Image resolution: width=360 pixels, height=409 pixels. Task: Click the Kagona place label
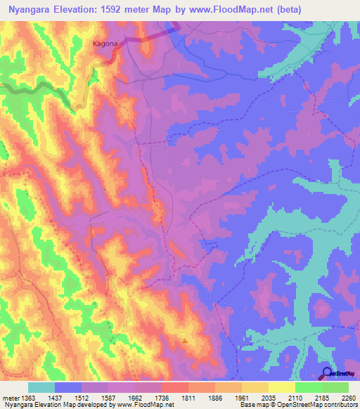coord(105,44)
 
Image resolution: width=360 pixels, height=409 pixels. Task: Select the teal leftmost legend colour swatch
coord(41,387)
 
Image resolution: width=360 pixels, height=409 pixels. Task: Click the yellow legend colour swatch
coord(281,387)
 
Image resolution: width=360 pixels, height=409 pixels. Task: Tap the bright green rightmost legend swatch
coord(335,387)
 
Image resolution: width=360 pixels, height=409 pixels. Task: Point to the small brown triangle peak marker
coord(185,341)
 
